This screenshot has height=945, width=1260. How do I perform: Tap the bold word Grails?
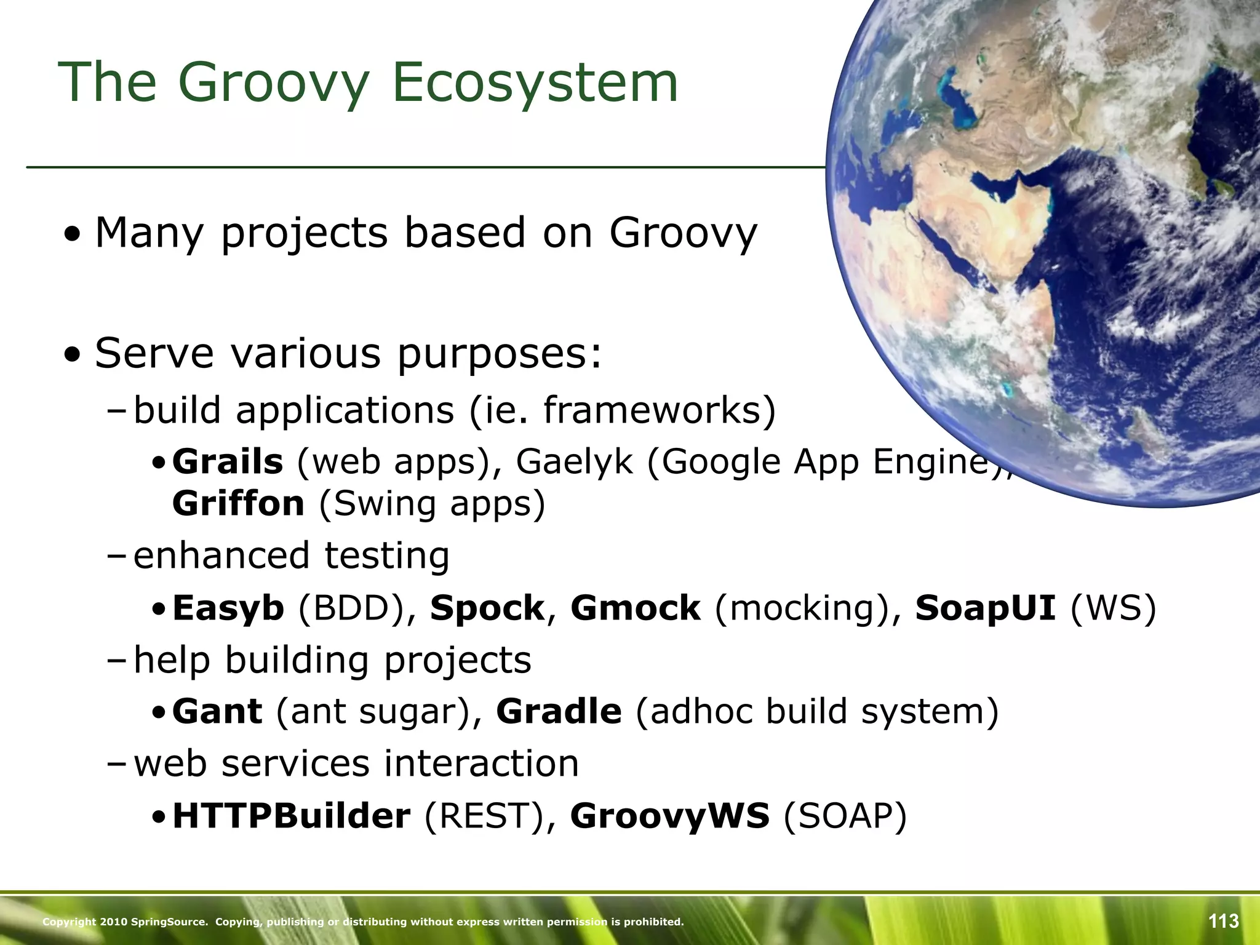(x=228, y=462)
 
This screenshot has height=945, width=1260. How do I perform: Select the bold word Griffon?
(x=238, y=504)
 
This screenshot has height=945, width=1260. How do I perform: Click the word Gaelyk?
(x=574, y=462)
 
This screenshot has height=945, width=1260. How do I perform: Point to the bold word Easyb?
(x=228, y=608)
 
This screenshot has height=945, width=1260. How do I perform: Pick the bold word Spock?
(x=487, y=608)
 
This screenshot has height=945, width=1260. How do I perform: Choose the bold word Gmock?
(x=635, y=608)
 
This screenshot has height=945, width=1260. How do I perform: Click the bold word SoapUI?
(x=986, y=608)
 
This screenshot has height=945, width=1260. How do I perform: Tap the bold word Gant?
(x=217, y=712)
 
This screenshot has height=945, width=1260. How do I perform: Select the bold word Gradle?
(x=559, y=712)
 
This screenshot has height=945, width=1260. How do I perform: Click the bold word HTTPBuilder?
(x=291, y=816)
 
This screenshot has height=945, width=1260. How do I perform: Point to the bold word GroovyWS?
(x=669, y=816)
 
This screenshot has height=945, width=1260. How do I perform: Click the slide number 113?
(x=1223, y=921)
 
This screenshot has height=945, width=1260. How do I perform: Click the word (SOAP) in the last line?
(x=845, y=816)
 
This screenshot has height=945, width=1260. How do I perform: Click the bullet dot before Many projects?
(x=73, y=235)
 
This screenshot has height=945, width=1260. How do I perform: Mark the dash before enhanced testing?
(x=115, y=556)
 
